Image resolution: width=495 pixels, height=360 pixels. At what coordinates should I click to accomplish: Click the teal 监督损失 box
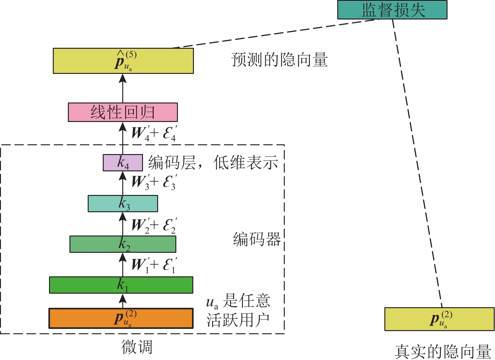[x=392, y=10]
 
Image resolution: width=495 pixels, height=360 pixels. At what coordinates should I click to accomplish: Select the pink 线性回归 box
[x=123, y=112]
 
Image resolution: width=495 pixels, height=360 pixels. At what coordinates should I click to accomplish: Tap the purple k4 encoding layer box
[x=123, y=163]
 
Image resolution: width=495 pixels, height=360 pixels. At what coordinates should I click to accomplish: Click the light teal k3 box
[x=123, y=203]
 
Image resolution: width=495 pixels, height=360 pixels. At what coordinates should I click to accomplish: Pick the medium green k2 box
[x=123, y=244]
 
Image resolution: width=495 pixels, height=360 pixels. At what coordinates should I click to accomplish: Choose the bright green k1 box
[x=121, y=285]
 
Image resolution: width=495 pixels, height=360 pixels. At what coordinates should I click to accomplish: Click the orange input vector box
[x=121, y=318]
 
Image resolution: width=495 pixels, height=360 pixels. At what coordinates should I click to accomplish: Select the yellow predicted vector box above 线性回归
[x=123, y=61]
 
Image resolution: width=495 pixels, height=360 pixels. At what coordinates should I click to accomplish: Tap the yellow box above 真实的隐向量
[x=439, y=319]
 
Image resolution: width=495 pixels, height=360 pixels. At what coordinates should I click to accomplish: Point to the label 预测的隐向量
[x=279, y=60]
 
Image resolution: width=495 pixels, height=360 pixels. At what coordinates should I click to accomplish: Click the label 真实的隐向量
[x=443, y=352]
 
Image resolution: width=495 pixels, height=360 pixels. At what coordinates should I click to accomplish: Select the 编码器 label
[x=257, y=240]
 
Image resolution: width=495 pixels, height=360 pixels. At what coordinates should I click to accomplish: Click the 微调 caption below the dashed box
[x=137, y=347]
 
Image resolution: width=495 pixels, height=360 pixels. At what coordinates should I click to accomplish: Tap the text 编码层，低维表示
[x=213, y=163]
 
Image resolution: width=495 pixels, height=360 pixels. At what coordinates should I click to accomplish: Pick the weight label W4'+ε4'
[x=154, y=133]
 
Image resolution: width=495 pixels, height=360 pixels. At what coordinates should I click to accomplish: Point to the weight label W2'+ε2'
[x=154, y=225]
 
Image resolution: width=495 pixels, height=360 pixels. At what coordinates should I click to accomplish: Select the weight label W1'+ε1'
[x=154, y=265]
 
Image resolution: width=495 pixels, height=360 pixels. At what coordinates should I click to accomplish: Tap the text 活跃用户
[x=238, y=320]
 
